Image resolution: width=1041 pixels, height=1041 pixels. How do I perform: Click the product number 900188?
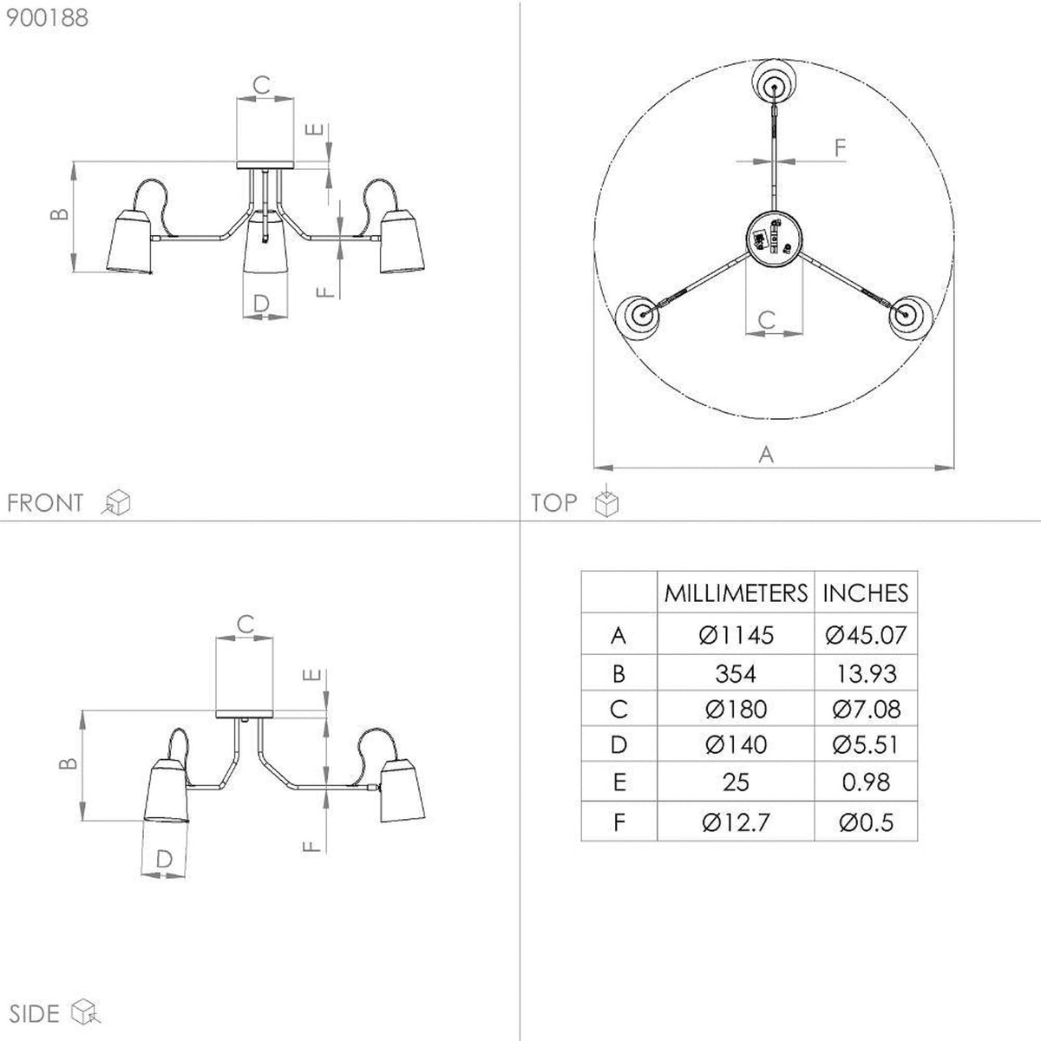(47, 18)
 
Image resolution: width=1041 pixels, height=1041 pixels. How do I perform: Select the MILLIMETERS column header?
(736, 593)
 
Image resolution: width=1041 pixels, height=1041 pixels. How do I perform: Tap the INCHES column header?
(866, 593)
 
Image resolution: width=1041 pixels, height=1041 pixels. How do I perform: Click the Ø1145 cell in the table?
(736, 635)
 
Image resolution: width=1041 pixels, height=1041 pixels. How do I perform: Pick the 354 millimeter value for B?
(736, 674)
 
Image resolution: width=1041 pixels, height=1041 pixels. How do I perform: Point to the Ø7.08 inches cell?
(866, 710)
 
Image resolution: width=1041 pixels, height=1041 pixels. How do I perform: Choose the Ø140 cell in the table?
(736, 745)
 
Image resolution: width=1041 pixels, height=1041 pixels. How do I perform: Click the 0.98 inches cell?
(866, 782)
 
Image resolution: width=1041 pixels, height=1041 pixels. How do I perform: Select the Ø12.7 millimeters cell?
(736, 822)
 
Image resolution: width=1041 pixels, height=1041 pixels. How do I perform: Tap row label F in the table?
(619, 822)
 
